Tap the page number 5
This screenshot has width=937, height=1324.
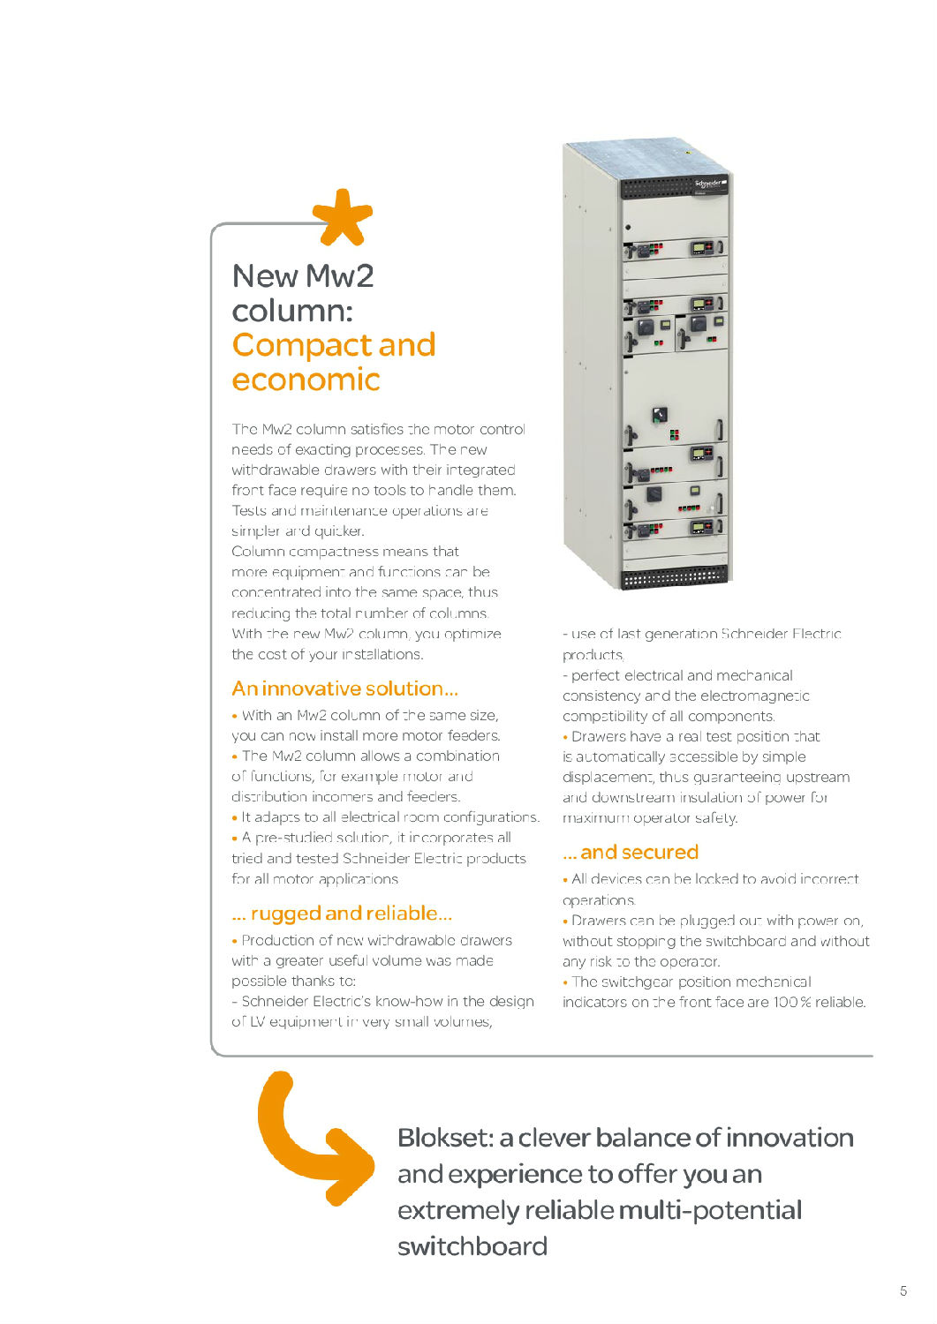[903, 1290]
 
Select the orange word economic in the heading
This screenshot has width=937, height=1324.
[306, 380]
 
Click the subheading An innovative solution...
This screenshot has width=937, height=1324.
[344, 688]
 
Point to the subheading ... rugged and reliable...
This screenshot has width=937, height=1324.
[342, 914]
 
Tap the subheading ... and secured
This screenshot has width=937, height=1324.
[631, 853]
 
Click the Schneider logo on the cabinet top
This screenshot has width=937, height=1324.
[709, 184]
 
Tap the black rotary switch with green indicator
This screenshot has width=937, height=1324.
[659, 415]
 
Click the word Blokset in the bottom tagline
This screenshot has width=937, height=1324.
[444, 1138]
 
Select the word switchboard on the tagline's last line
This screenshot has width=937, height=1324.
[472, 1246]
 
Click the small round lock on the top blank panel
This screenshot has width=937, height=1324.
[628, 228]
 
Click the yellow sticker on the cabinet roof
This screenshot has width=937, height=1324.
[688, 152]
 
